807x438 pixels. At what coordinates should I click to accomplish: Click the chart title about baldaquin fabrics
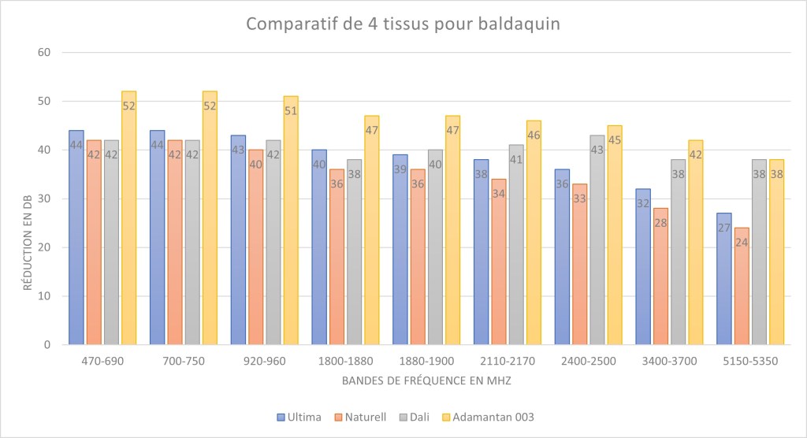click(x=403, y=24)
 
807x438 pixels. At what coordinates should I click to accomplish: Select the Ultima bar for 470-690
click(x=76, y=236)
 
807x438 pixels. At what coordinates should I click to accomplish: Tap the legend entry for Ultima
click(x=299, y=416)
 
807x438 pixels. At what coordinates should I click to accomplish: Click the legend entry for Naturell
click(x=359, y=416)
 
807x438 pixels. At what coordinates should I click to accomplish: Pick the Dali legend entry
click(x=415, y=416)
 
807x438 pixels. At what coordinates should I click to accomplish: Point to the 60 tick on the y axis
click(x=44, y=53)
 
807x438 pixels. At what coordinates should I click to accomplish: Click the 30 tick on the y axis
click(x=44, y=199)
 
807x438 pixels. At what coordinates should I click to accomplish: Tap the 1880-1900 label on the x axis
click(x=426, y=361)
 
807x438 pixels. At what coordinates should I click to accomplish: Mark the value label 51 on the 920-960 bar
click(x=291, y=111)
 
